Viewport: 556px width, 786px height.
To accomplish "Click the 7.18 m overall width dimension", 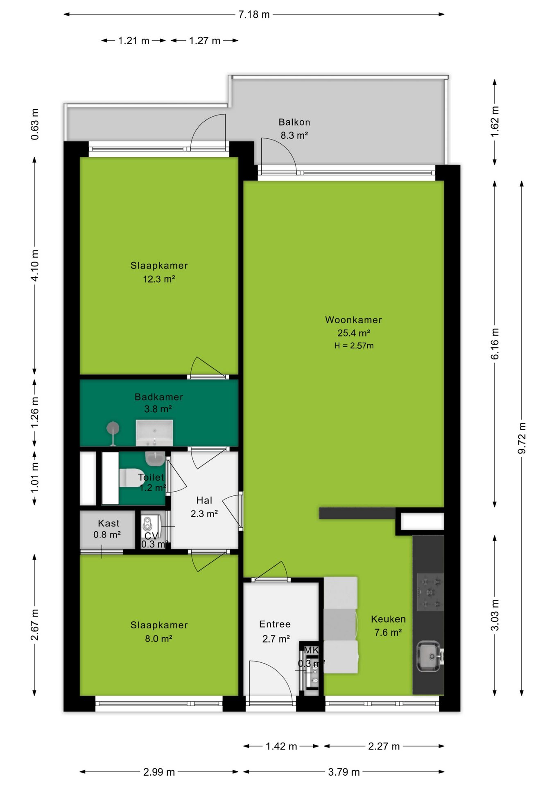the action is (254, 14).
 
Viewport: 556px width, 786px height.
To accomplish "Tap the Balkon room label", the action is (294, 122).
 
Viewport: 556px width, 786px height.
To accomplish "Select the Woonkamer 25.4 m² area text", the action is (354, 333).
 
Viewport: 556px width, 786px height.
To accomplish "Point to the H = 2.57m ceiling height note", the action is (354, 346).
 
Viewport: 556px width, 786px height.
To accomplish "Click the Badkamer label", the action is (159, 397).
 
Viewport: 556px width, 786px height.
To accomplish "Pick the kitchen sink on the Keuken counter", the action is (429, 657).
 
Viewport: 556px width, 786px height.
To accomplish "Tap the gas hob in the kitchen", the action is (430, 592).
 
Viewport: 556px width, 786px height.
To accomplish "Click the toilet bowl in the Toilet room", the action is (130, 478).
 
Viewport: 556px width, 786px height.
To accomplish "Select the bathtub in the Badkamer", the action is (154, 433).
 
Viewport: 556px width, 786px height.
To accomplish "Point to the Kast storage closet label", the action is (108, 523).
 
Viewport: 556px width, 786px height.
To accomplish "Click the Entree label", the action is (275, 624).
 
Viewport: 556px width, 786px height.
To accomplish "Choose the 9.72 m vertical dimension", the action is (522, 438).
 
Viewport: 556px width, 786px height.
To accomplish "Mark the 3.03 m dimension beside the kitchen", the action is (495, 615).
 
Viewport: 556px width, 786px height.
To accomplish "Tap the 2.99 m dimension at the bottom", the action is (159, 772).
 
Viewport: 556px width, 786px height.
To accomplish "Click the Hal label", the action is (204, 500).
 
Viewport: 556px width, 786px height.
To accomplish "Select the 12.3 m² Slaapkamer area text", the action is (159, 279).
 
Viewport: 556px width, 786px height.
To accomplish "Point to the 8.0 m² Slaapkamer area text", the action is (158, 639).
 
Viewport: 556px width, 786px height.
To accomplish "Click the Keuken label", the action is (388, 619).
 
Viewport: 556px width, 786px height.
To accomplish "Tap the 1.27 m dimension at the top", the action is (205, 41).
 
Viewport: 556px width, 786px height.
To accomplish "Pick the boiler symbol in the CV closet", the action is (147, 524).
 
